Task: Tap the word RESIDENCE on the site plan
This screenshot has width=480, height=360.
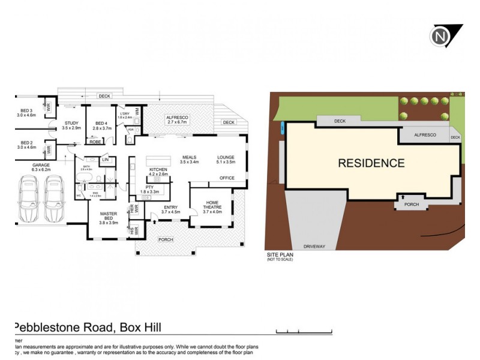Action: [x=371, y=163]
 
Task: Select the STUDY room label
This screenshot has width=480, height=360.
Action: [x=71, y=125]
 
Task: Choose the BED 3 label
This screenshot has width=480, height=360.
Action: [x=28, y=113]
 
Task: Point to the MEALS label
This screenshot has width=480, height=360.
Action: [x=190, y=160]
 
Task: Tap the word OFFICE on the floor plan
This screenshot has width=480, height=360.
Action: [x=226, y=178]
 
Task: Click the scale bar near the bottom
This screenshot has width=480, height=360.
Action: [x=303, y=331]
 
